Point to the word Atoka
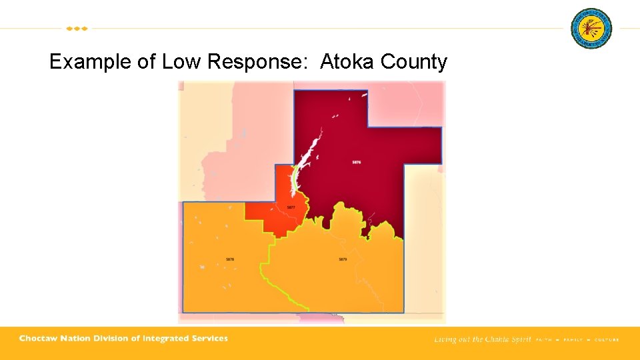click(x=347, y=62)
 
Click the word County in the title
click(x=413, y=62)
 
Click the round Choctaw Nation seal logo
click(x=591, y=29)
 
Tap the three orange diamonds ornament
click(x=77, y=29)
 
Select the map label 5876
click(x=357, y=162)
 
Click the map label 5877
click(x=291, y=207)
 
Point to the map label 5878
click(x=230, y=259)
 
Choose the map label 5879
click(x=343, y=259)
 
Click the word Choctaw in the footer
click(x=39, y=339)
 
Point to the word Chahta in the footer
click(x=494, y=339)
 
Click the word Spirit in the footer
click(x=521, y=339)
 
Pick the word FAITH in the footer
click(x=544, y=340)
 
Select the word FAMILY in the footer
click(x=573, y=340)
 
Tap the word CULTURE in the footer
click(x=606, y=340)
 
